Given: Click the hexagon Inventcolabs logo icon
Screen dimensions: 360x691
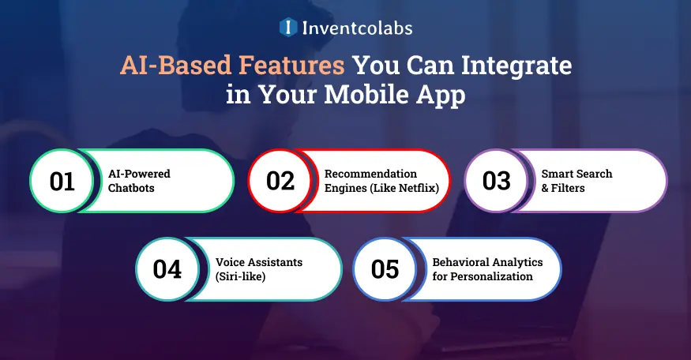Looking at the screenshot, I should click(288, 28).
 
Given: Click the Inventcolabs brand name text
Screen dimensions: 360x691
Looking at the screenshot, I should click(356, 28).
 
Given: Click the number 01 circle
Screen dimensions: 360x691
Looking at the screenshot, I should click(62, 181).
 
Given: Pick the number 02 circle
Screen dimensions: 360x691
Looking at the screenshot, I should click(280, 181).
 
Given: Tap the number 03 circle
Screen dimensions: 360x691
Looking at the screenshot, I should click(496, 181).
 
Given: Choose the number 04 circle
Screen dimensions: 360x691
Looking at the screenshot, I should click(167, 269).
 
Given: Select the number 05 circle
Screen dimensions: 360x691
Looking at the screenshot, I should click(385, 269).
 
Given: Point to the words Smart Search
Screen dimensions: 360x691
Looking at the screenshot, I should click(576, 174).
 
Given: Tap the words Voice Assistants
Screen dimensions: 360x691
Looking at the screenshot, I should click(259, 262).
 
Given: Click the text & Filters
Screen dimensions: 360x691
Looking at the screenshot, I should click(563, 188).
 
